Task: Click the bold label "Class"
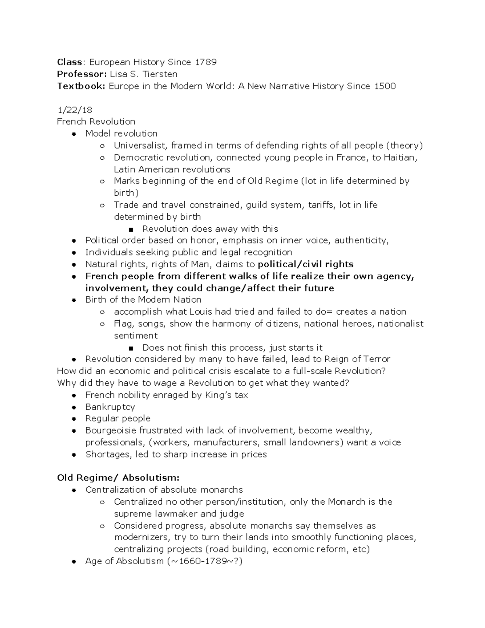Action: (70, 62)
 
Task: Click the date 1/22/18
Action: (75, 110)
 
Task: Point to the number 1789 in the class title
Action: (206, 62)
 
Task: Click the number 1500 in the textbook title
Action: (385, 86)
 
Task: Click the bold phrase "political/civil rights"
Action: (306, 264)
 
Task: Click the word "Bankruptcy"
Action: (110, 407)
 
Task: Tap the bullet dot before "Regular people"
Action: (74, 419)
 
